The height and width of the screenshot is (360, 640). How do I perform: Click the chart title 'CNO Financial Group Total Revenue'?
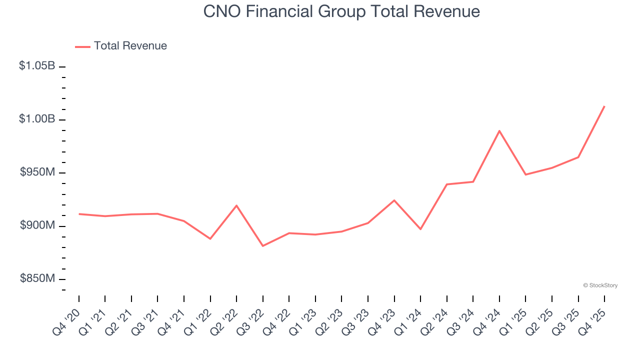tap(341, 11)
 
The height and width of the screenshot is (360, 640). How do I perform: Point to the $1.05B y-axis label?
tap(37, 65)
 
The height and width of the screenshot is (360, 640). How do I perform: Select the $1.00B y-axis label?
tap(37, 119)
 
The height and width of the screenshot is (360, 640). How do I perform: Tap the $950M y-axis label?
tap(37, 172)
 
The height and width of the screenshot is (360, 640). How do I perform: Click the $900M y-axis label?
tap(37, 225)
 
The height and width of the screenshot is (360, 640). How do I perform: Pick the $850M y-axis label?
tap(37, 278)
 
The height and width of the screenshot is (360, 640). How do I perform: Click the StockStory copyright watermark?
tap(600, 285)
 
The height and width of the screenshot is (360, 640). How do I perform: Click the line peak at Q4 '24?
tap(499, 131)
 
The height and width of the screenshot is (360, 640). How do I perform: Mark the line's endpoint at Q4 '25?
tap(604, 106)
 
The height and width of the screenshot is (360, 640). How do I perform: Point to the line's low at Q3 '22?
tap(263, 246)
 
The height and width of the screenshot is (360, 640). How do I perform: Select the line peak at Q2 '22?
tap(236, 205)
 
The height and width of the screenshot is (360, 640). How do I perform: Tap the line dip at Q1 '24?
tap(420, 229)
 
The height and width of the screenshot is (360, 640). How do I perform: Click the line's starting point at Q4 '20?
tap(79, 214)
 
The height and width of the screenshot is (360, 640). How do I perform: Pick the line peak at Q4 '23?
tap(394, 200)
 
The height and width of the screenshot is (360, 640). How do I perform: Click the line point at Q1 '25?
tap(525, 174)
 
